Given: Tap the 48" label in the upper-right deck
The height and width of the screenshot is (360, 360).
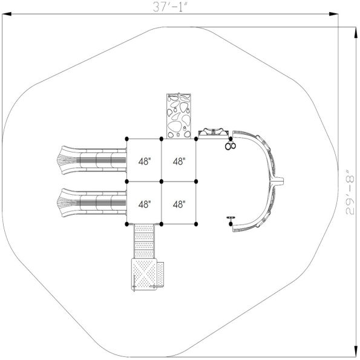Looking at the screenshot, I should coord(179,162).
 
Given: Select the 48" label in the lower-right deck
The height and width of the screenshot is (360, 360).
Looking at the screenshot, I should coord(179,205).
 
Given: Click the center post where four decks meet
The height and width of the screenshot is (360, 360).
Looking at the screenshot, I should coord(162,181).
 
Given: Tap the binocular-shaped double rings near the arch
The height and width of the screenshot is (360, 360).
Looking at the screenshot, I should coord(229,145).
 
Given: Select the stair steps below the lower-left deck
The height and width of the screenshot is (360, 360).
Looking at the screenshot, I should coord(144,240).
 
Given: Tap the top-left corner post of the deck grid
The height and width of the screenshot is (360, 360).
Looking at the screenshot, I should coord(126,139).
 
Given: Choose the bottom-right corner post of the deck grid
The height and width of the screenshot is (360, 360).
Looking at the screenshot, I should coord(198,223).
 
